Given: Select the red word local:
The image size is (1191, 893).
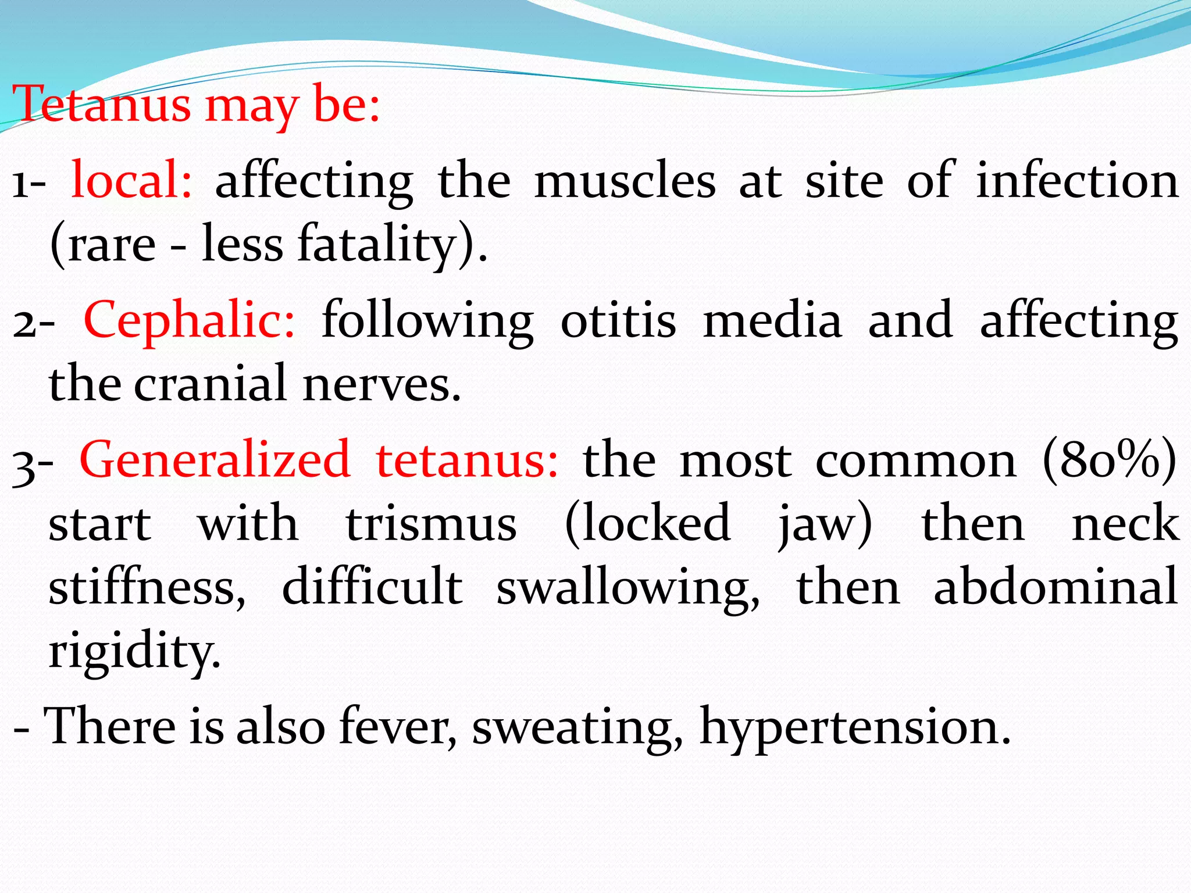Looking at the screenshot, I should pos(131,180).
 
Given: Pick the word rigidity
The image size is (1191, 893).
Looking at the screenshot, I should pos(134,651).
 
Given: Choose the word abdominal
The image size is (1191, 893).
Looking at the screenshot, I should pos(1056,587).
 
